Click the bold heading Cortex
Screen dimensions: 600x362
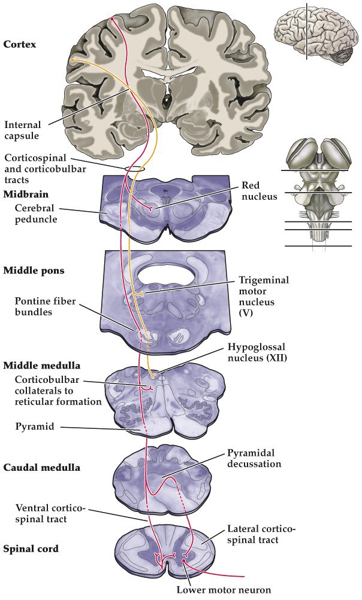[x=19, y=44]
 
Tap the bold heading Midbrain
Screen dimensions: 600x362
[x=25, y=194]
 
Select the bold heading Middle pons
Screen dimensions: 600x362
[x=34, y=270]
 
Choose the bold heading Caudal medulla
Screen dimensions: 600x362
[x=41, y=466]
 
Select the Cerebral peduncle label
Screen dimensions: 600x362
[x=38, y=212]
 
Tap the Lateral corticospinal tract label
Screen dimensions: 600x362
[x=261, y=535]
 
